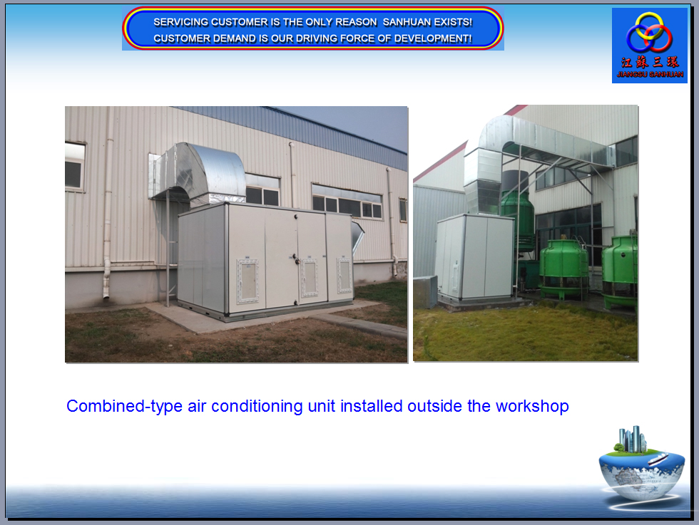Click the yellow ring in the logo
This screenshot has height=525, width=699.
click(649, 26)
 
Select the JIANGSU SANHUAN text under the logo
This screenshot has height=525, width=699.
click(650, 74)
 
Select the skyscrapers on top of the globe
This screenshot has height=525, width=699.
click(633, 440)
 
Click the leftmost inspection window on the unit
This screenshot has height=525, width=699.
click(248, 281)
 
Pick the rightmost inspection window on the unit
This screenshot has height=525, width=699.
click(344, 275)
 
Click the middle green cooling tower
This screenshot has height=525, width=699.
click(564, 266)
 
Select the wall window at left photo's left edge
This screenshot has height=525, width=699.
click(75, 167)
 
